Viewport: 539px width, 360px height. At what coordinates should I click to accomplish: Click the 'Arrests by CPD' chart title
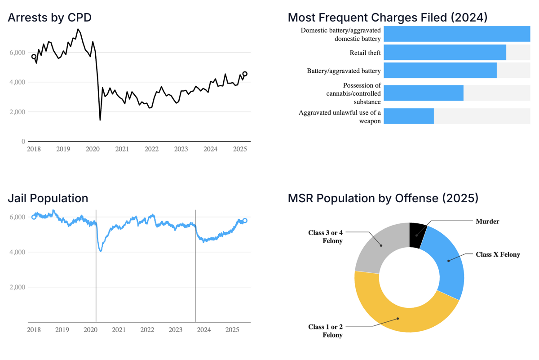coord(49,18)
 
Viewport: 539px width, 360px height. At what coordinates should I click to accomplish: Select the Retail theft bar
coord(445,53)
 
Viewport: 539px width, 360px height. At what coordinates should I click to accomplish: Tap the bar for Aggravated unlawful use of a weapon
coord(408,116)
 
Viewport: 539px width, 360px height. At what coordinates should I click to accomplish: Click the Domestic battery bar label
coord(340,35)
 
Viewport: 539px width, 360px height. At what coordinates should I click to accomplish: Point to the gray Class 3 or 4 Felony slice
coord(376,249)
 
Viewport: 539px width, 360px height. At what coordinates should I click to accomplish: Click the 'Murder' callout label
coord(487,222)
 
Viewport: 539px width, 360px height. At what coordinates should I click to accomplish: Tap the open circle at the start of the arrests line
coord(34,57)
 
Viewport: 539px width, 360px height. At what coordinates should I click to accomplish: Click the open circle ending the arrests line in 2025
coord(245,74)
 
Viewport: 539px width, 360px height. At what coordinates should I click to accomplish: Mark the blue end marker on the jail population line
coord(245,221)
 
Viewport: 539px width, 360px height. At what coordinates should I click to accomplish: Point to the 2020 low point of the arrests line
coord(100,120)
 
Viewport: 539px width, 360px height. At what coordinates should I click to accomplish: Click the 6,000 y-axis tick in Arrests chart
coord(17,53)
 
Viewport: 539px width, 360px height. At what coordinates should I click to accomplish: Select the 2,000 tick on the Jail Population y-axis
coord(17,287)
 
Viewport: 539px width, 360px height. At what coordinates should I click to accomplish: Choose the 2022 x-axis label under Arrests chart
coord(151,149)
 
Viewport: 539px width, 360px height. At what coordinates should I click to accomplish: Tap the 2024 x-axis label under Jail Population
coord(203,330)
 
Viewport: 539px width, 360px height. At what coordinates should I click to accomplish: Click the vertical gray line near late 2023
coord(195,270)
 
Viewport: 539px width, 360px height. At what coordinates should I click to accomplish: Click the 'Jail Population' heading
coord(48,198)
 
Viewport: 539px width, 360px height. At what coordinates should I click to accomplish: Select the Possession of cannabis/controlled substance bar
coord(423,93)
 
